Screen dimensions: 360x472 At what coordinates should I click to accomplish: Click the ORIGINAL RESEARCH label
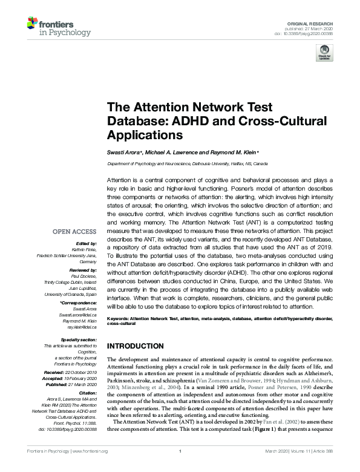[x=313, y=22]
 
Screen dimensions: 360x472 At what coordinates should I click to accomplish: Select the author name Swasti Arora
[x=123, y=152]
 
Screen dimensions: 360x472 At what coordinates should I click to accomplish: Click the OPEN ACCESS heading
[x=74, y=232]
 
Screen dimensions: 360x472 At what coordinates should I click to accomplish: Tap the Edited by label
[x=85, y=242]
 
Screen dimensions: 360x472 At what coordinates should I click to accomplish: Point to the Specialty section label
[x=79, y=340]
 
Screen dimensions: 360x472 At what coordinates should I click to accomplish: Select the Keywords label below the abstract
[x=120, y=318]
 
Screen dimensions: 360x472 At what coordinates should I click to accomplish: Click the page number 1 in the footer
[x=180, y=468]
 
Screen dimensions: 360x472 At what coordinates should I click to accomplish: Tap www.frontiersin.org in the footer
[x=90, y=468]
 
